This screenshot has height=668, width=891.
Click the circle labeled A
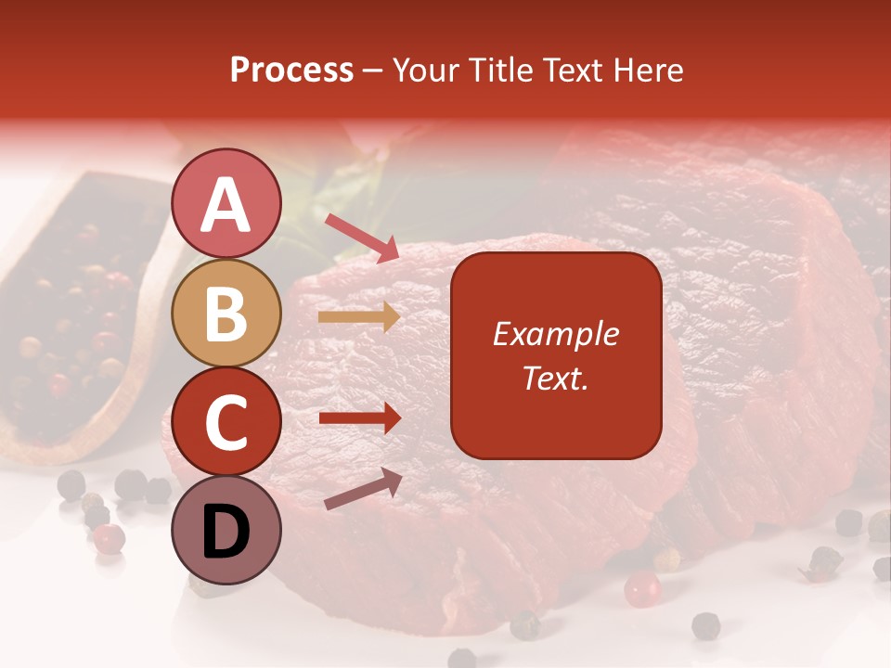tap(226, 203)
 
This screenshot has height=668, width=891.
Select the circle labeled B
tap(226, 313)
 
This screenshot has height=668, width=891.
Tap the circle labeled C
tap(226, 421)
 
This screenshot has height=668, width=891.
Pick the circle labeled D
tap(226, 530)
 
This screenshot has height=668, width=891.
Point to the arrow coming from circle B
tap(358, 317)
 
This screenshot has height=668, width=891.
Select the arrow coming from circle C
tap(359, 418)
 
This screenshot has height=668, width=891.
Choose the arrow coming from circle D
tap(363, 489)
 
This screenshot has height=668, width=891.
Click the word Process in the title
tap(291, 71)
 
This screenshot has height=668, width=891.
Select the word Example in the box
tap(555, 334)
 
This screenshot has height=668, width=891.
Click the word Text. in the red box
tap(555, 378)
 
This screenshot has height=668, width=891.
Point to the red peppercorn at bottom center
tap(641, 588)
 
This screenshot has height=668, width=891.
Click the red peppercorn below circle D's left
tap(109, 538)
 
